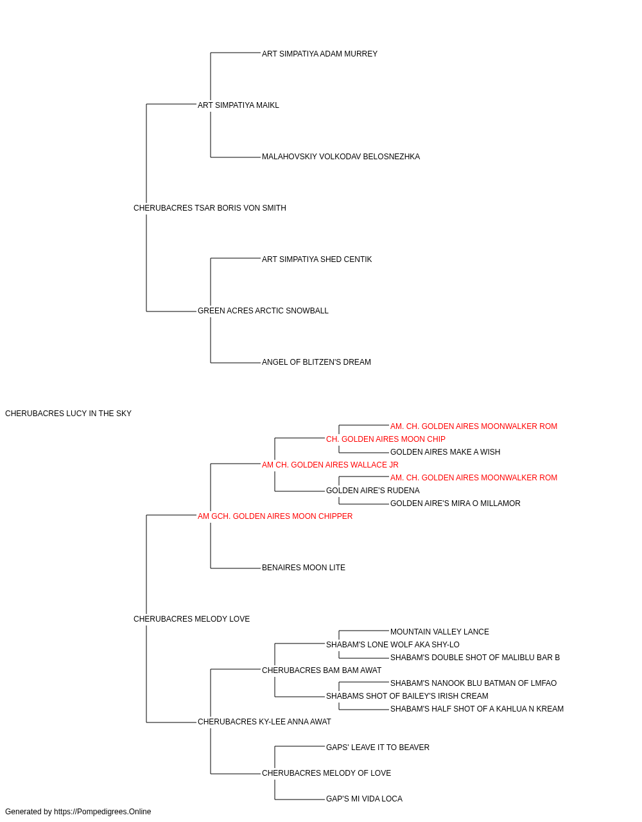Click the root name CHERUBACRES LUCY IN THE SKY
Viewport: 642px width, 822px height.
(68, 414)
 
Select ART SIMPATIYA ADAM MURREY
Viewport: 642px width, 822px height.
(320, 54)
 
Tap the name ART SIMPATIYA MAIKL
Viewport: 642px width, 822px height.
(238, 105)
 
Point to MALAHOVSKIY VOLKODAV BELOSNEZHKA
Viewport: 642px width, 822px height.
(341, 157)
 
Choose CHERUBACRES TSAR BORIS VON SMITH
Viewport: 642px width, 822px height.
(209, 208)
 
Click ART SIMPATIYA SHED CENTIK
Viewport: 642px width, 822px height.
(317, 259)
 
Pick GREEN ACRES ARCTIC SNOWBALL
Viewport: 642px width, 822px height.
(263, 311)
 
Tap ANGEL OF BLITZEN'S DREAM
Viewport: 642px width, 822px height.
(316, 362)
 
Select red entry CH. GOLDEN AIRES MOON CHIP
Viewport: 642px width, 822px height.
(386, 439)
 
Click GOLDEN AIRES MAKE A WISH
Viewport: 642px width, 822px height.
(445, 452)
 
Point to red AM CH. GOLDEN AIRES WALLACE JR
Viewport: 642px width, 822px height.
(330, 465)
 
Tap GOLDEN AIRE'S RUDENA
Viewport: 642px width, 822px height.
(373, 491)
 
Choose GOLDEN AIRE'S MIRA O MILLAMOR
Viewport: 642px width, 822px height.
(455, 503)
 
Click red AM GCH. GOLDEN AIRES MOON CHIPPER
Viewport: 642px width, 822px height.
(275, 516)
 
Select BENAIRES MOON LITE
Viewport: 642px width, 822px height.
(303, 568)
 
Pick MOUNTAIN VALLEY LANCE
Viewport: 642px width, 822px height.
(439, 632)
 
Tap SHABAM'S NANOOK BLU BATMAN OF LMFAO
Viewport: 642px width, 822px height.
(473, 683)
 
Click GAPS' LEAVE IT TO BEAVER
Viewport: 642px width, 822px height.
(377, 748)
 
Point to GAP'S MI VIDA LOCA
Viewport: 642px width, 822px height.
(364, 800)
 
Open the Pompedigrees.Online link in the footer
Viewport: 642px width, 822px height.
(103, 812)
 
